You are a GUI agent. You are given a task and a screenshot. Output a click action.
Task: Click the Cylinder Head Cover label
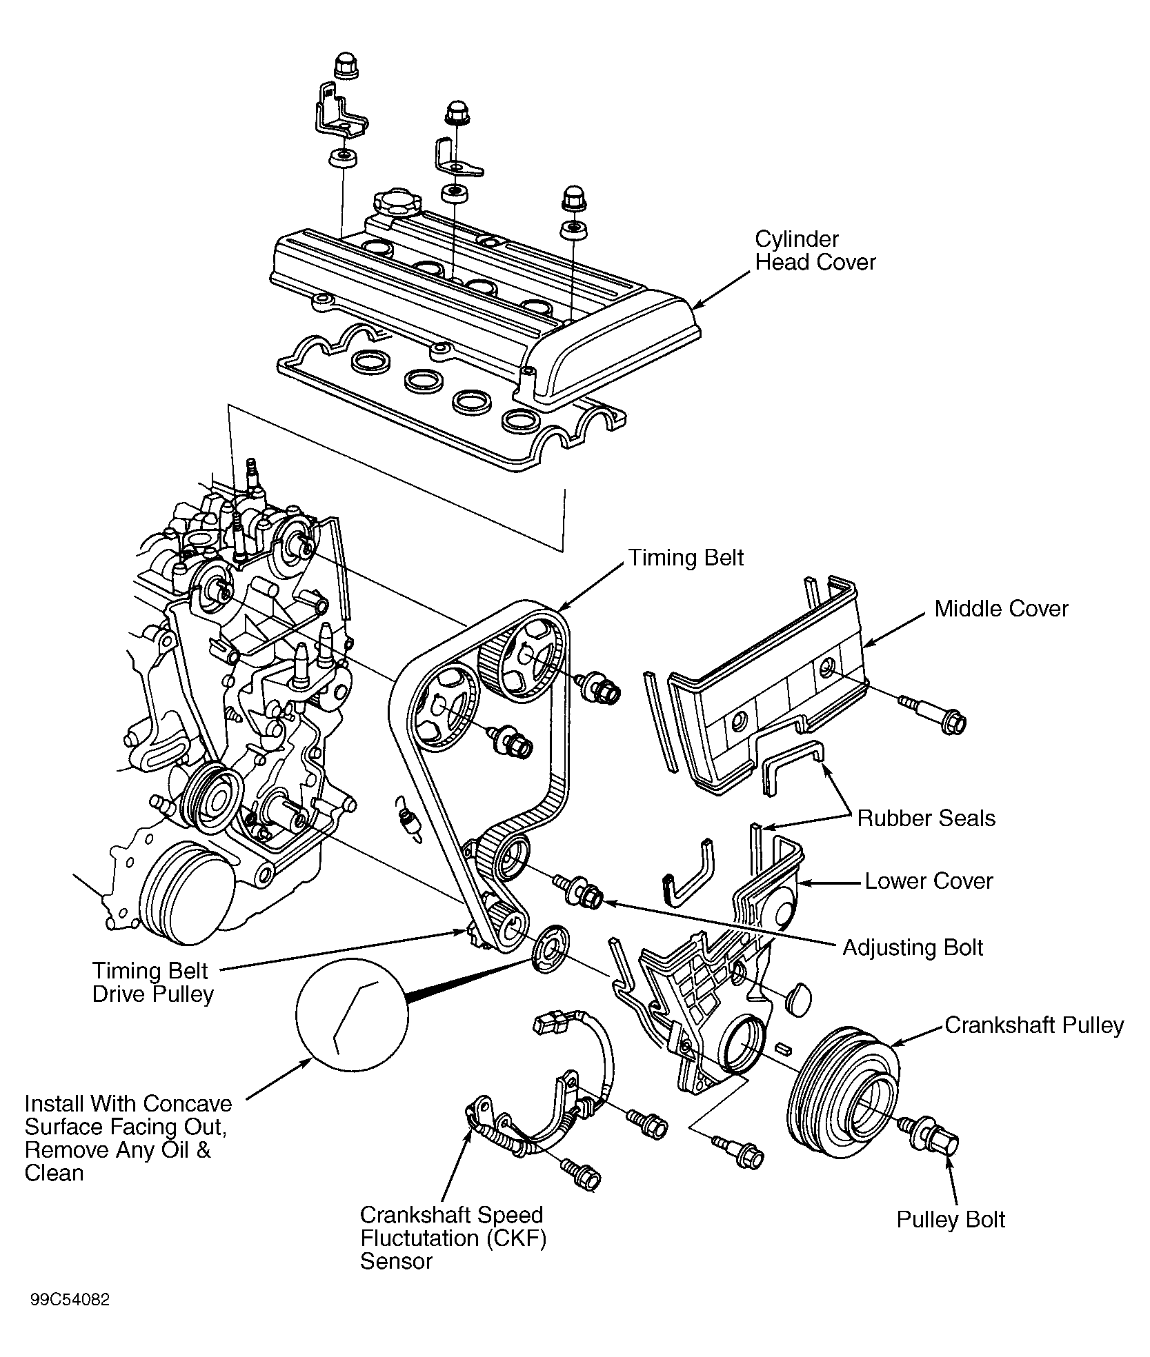(815, 251)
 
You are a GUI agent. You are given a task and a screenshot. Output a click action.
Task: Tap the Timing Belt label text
(686, 558)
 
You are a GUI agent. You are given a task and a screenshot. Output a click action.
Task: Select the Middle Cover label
(1001, 609)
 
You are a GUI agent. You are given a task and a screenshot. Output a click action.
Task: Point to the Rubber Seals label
(926, 818)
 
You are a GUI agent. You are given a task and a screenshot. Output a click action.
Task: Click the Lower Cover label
(929, 881)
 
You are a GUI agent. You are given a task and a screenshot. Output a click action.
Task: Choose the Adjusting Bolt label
(913, 947)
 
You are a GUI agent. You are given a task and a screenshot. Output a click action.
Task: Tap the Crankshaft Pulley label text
(1033, 1025)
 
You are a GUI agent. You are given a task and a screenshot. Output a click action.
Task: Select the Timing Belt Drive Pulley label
(152, 982)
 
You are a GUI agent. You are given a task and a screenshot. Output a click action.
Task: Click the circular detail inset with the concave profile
(351, 1014)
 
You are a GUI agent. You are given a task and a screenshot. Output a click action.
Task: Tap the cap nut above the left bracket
(343, 67)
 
